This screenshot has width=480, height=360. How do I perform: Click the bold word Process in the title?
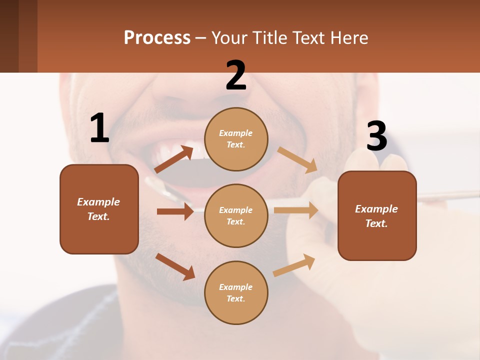point(157,37)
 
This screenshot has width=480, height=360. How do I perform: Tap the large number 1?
point(99,128)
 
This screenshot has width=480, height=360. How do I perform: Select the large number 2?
point(236,75)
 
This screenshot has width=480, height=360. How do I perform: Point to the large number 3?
point(376,136)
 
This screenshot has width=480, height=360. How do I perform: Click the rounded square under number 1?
point(99,209)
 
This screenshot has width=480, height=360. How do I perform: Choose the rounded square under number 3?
point(377,215)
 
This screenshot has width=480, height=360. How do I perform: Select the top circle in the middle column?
point(236,138)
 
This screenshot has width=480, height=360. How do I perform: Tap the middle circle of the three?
point(236,215)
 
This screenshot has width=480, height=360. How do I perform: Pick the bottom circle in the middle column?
point(236,292)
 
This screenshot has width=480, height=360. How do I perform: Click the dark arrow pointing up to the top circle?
point(174,159)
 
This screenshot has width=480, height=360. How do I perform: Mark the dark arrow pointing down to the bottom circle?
point(175,266)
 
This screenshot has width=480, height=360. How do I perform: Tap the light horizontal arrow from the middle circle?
point(296,210)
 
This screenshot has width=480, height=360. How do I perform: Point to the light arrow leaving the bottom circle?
point(294,265)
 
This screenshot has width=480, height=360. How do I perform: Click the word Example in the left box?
point(98,202)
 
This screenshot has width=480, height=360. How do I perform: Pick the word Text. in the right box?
point(376,223)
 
